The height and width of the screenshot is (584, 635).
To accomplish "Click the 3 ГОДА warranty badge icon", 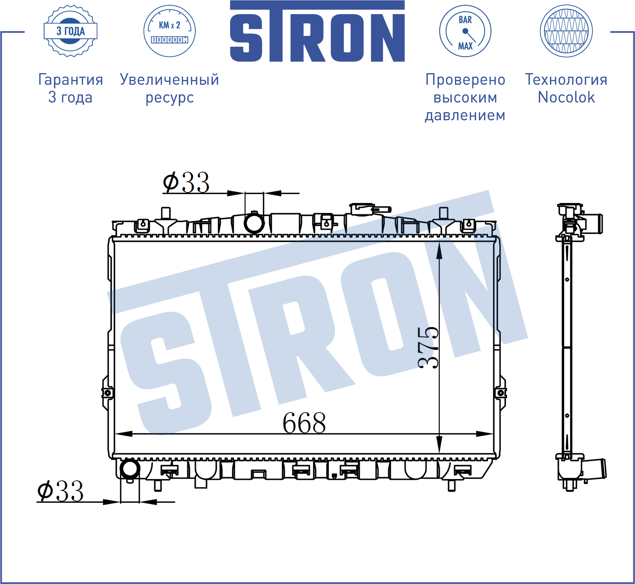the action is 70,31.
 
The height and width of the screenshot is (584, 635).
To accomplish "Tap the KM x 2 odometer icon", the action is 170,31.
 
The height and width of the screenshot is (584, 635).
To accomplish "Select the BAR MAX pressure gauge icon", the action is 465,31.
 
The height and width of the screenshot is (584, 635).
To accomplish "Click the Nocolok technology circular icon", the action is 566,31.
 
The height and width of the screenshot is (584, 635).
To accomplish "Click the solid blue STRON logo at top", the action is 317,31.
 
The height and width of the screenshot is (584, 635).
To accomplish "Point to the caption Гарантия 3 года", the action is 71,88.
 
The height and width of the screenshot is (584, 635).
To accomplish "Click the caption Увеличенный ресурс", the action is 170,88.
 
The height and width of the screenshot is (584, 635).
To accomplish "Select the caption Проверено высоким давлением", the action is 465,97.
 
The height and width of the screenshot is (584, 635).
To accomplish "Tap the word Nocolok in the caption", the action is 566,97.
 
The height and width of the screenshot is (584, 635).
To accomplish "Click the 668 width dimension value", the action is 304,423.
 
